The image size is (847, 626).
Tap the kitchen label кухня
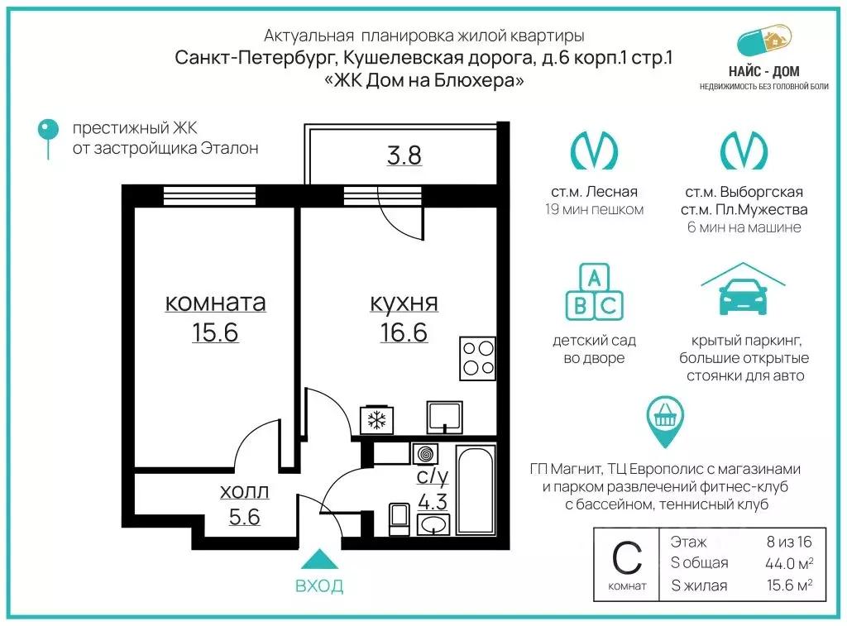tap(404, 303)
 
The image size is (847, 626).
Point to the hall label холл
tap(244, 492)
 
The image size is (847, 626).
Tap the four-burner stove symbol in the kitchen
tap(477, 358)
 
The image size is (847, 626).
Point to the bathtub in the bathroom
tap(476, 490)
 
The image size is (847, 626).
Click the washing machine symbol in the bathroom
tap(427, 454)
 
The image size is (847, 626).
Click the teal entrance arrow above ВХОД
tap(319, 561)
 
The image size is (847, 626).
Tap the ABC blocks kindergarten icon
tap(594, 293)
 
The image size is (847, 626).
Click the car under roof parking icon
tap(742, 293)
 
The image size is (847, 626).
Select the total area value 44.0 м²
tap(787, 563)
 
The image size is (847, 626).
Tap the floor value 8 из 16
tap(789, 542)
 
